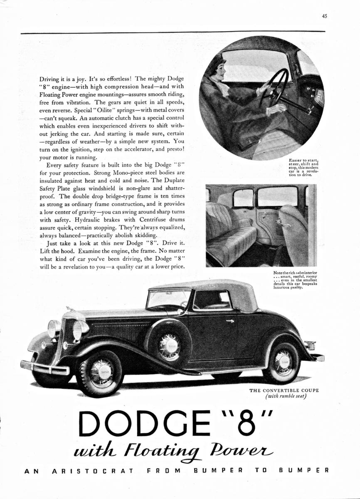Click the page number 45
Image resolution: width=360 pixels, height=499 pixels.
[324, 17]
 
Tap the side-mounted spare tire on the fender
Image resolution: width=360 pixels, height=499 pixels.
[169, 345]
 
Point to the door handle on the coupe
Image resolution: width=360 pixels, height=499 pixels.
[230, 321]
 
